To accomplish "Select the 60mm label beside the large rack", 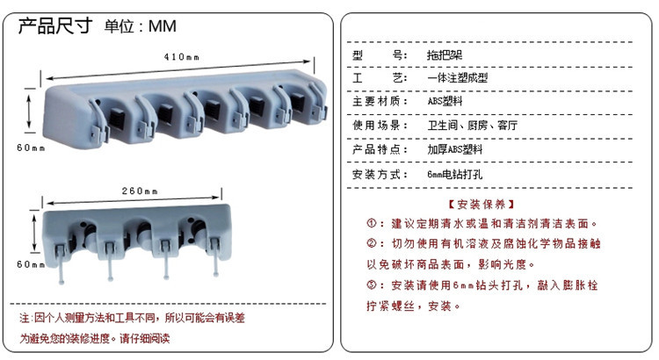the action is [31, 148].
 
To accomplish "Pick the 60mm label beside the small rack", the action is [30, 264].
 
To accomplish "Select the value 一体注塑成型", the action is [458, 78].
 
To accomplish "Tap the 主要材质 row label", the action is [380, 102].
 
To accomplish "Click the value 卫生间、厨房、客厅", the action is [473, 126].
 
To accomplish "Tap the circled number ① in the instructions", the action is [371, 224].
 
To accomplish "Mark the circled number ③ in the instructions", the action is [371, 284].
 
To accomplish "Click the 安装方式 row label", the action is [380, 175].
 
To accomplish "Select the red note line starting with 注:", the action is [132, 317].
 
